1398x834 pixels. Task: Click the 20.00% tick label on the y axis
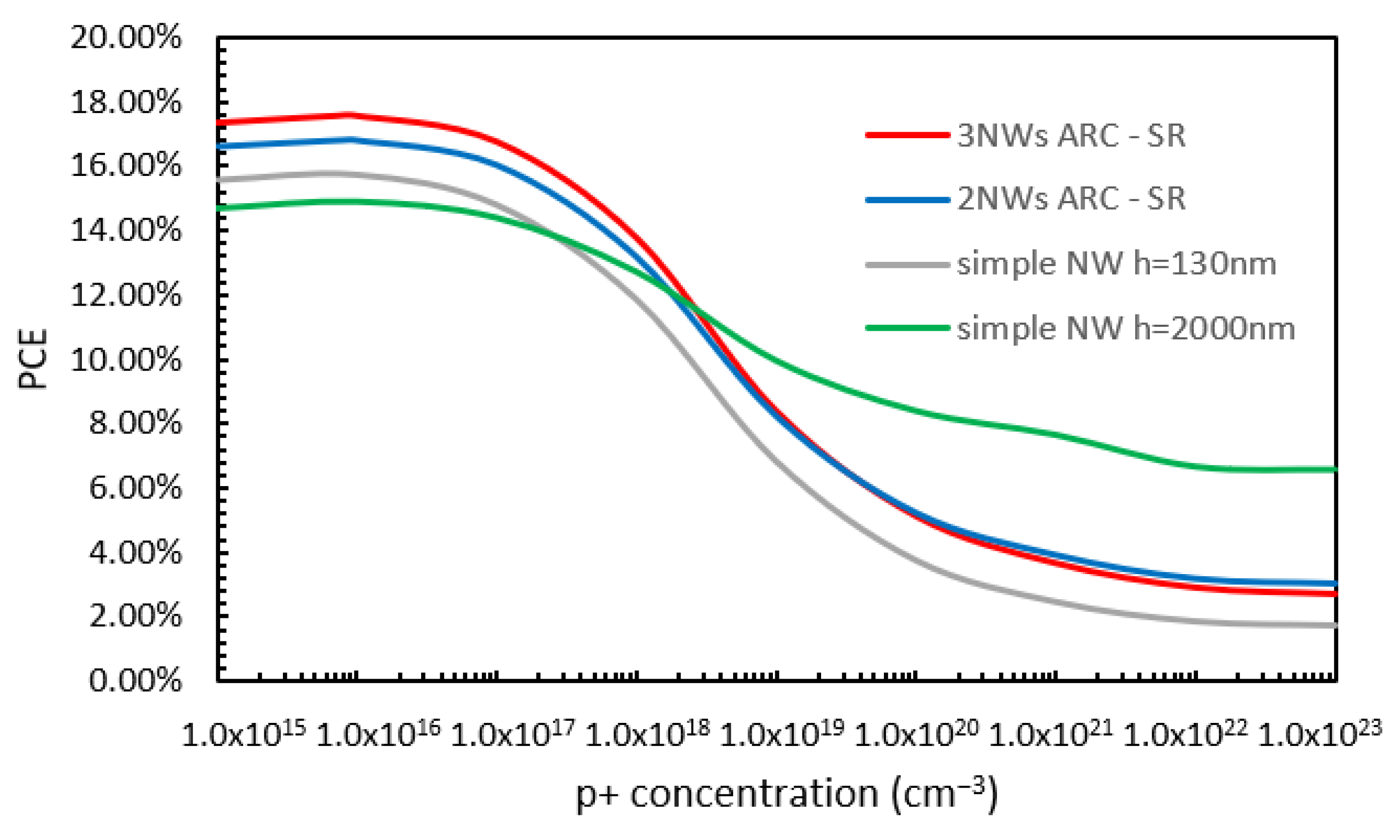click(126, 38)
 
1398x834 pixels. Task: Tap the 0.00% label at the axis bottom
click(135, 681)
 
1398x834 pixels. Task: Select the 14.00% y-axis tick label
click(126, 231)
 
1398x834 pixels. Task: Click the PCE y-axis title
click(33, 359)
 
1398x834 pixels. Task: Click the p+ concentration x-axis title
click(786, 794)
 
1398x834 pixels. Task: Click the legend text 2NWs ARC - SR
click(1071, 199)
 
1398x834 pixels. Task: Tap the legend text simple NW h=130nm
click(1116, 263)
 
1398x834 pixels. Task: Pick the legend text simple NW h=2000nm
click(1126, 328)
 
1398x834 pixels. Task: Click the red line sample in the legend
click(907, 135)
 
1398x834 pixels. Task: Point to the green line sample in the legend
click(907, 328)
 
